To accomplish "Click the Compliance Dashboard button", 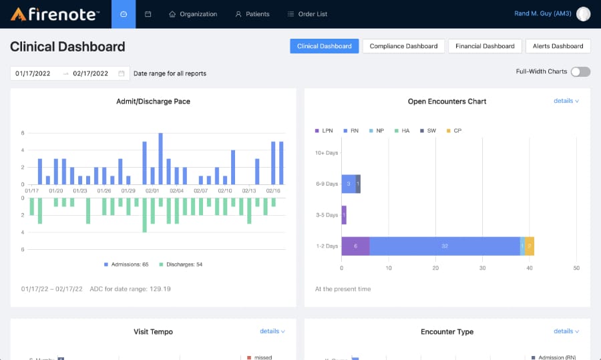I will [x=403, y=46].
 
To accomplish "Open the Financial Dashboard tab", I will [x=485, y=46].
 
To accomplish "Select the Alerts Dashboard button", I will [x=558, y=46].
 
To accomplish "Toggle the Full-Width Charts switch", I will [x=580, y=71].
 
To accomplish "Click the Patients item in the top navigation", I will [x=252, y=14].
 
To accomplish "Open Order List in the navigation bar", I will [x=307, y=14].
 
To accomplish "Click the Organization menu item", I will [x=193, y=14].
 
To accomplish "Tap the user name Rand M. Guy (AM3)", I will [x=542, y=14].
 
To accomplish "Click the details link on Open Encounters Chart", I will [x=566, y=101].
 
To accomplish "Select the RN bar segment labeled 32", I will [x=444, y=246].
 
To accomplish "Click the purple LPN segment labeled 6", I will [x=355, y=246].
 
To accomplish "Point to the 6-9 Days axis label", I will [x=327, y=184].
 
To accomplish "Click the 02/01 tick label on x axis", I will [x=152, y=191].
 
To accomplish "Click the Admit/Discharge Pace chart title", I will [x=153, y=102].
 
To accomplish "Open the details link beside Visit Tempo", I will [x=272, y=331].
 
